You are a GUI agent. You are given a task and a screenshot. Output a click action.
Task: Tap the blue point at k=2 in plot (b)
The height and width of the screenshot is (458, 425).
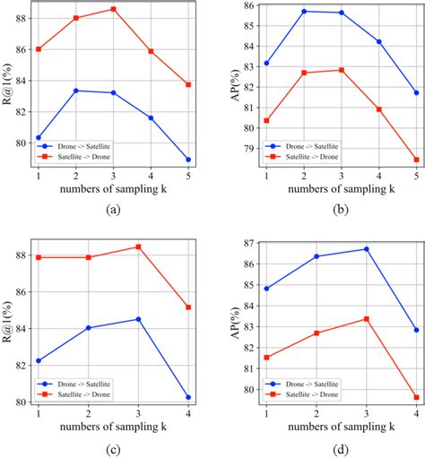point(305,12)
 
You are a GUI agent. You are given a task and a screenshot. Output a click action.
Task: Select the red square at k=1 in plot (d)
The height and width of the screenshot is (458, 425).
point(267,358)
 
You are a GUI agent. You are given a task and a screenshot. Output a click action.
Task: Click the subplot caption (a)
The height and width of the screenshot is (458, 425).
point(112,208)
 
